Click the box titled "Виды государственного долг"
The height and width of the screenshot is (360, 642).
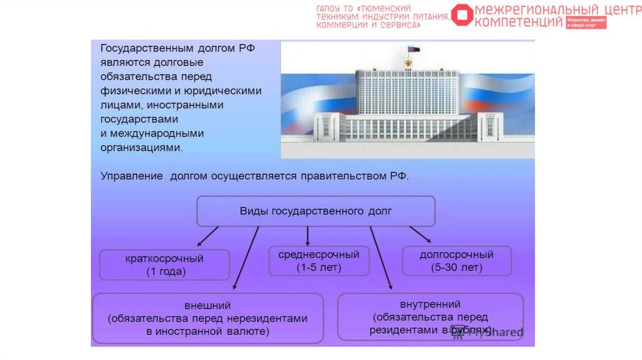pos(316,211)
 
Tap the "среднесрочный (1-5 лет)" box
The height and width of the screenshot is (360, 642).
pos(318,261)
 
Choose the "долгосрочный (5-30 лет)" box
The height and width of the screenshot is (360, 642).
pos(456,261)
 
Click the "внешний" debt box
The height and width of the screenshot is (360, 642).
pos(208,319)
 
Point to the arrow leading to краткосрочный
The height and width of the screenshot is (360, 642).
pos(208,236)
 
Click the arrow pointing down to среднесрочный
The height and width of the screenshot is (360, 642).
pos(308,236)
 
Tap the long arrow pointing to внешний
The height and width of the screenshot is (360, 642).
pos(246,258)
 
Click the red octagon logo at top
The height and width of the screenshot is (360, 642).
pos(462,16)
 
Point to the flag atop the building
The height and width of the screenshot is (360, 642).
pos(413,49)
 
